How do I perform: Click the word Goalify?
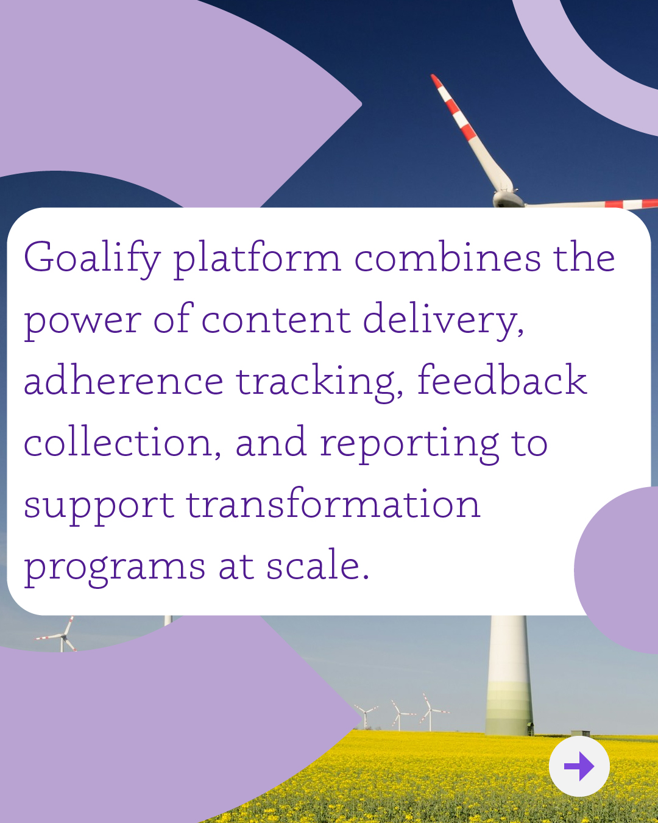[92, 258]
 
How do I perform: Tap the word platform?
[257, 258]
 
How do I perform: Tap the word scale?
[317, 564]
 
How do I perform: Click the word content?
[275, 319]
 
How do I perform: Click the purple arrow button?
[579, 766]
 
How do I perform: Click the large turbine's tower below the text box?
[509, 675]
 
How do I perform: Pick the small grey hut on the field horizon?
[581, 732]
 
